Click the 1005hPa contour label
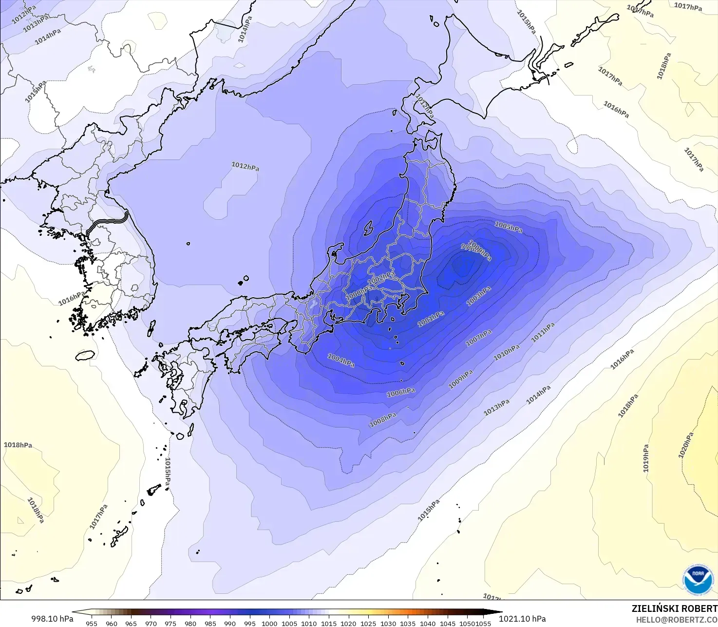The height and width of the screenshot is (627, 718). point(508,227)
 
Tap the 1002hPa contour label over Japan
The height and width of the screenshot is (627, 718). point(381,278)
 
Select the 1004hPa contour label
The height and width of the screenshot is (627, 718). point(340,361)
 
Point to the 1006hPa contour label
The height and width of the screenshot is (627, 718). point(401,392)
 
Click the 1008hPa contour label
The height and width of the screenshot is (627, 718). point(383,419)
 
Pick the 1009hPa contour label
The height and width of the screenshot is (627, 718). point(460,380)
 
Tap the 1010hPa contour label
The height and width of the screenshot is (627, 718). point(506,353)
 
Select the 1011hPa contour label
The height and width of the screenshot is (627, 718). point(543,332)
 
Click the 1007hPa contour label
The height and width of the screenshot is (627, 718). point(478,338)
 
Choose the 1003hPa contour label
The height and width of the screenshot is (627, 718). point(478,296)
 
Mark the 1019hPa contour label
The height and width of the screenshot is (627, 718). point(646,458)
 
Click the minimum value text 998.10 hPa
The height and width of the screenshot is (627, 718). point(52,619)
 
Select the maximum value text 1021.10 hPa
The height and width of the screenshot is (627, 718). point(522,619)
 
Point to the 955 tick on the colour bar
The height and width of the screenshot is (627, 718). point(91,623)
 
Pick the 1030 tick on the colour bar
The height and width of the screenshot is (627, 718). point(388,623)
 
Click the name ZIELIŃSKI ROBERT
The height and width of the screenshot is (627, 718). point(674,608)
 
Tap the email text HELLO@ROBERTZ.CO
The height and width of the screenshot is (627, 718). point(677,620)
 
